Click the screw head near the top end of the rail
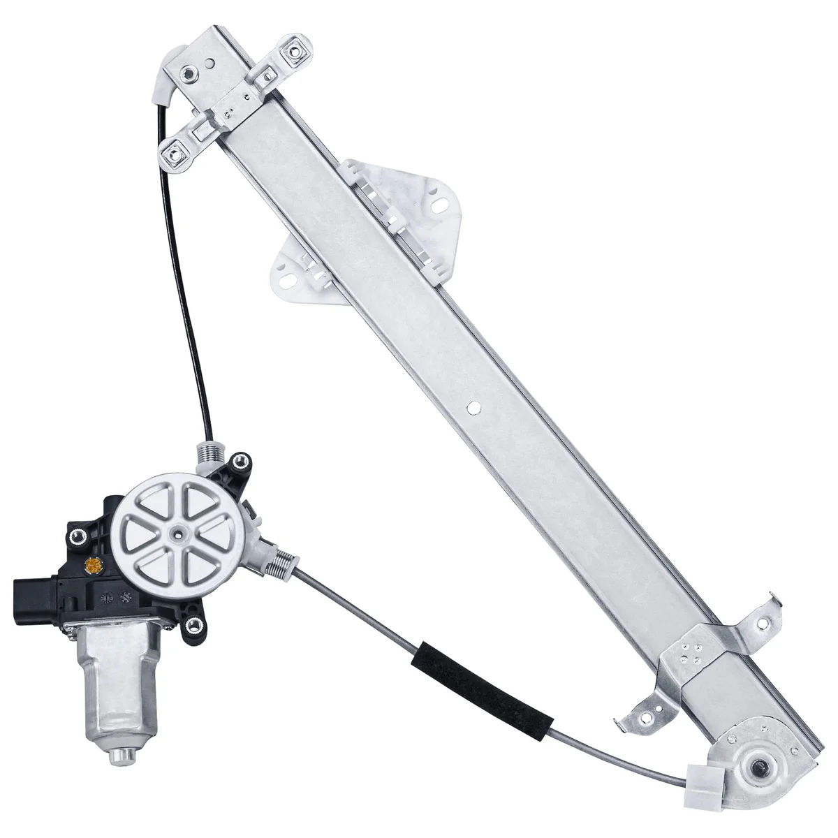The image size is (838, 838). click(186, 71)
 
